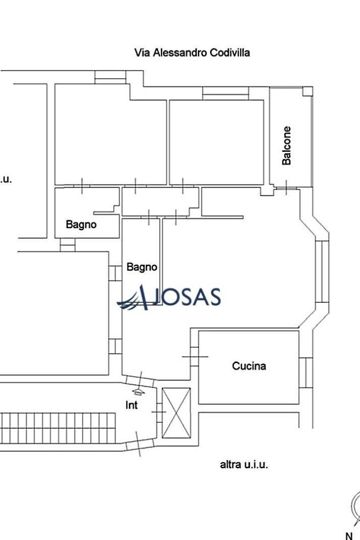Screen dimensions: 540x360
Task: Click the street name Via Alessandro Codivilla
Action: (x=192, y=52)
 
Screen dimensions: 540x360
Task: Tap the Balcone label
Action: (x=287, y=145)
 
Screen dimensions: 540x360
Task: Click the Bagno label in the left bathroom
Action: (x=81, y=225)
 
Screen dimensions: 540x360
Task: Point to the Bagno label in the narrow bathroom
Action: (x=142, y=267)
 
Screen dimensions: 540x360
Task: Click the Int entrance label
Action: (x=131, y=405)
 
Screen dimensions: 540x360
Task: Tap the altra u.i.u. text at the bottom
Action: (x=244, y=464)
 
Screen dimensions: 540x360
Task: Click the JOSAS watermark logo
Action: (x=170, y=298)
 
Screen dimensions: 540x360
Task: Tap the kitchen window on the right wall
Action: (x=306, y=372)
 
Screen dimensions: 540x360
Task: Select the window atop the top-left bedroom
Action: (x=110, y=77)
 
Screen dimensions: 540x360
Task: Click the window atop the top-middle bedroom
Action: (x=226, y=93)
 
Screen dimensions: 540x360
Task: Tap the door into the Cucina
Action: (x=195, y=356)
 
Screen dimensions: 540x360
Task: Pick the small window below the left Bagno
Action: (x=68, y=245)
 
